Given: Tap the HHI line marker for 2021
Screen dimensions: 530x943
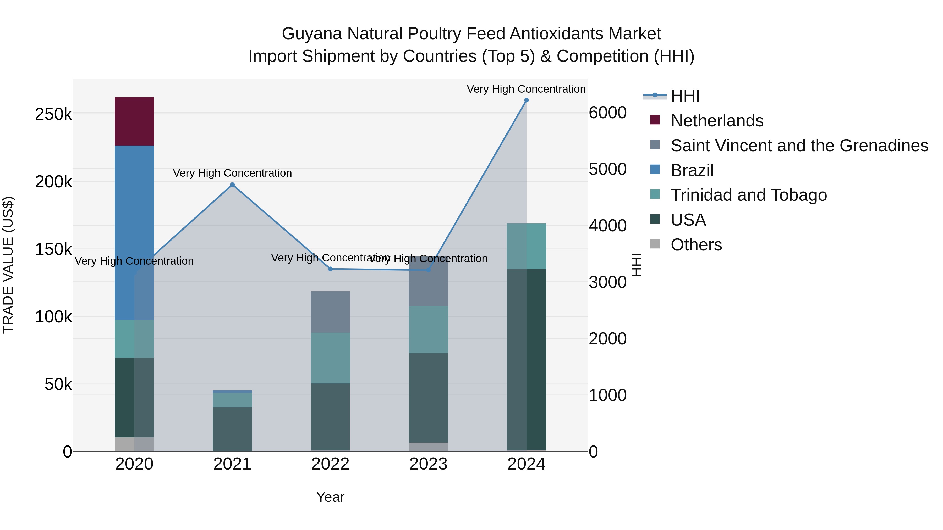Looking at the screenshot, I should (x=232, y=185).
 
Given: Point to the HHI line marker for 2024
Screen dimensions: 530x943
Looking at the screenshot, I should (x=527, y=100).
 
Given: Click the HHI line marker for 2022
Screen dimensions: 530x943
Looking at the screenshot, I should (x=330, y=269).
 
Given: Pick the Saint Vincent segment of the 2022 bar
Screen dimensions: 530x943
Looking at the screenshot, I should (x=330, y=312).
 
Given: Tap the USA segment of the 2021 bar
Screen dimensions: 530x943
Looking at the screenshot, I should (x=232, y=429).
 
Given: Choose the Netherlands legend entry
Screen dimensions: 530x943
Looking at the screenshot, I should (x=717, y=121).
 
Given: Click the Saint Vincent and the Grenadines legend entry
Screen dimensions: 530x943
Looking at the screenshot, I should (x=799, y=146).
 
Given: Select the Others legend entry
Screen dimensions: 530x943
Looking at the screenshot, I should (x=696, y=245).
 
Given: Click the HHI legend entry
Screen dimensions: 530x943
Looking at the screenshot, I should (x=685, y=96).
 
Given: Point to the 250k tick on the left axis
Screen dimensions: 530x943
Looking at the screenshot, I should (x=53, y=114).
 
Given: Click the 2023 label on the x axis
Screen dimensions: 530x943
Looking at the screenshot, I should (x=428, y=464).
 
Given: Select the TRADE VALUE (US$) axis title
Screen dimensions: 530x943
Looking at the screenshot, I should (x=8, y=265).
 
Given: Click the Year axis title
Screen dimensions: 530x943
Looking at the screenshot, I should (x=330, y=497).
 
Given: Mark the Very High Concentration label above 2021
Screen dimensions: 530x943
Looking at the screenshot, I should (x=232, y=173).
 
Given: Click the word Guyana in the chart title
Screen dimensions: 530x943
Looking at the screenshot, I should (x=311, y=34).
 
